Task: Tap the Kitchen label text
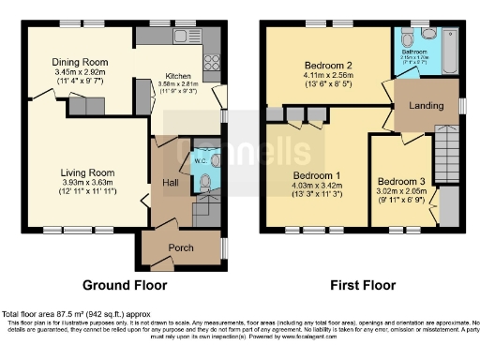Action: (x=179, y=76)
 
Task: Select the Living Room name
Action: (x=87, y=172)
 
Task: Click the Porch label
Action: (x=180, y=247)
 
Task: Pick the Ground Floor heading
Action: (x=125, y=284)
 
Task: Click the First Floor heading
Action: (x=361, y=284)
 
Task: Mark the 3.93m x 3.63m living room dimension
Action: (x=87, y=183)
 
